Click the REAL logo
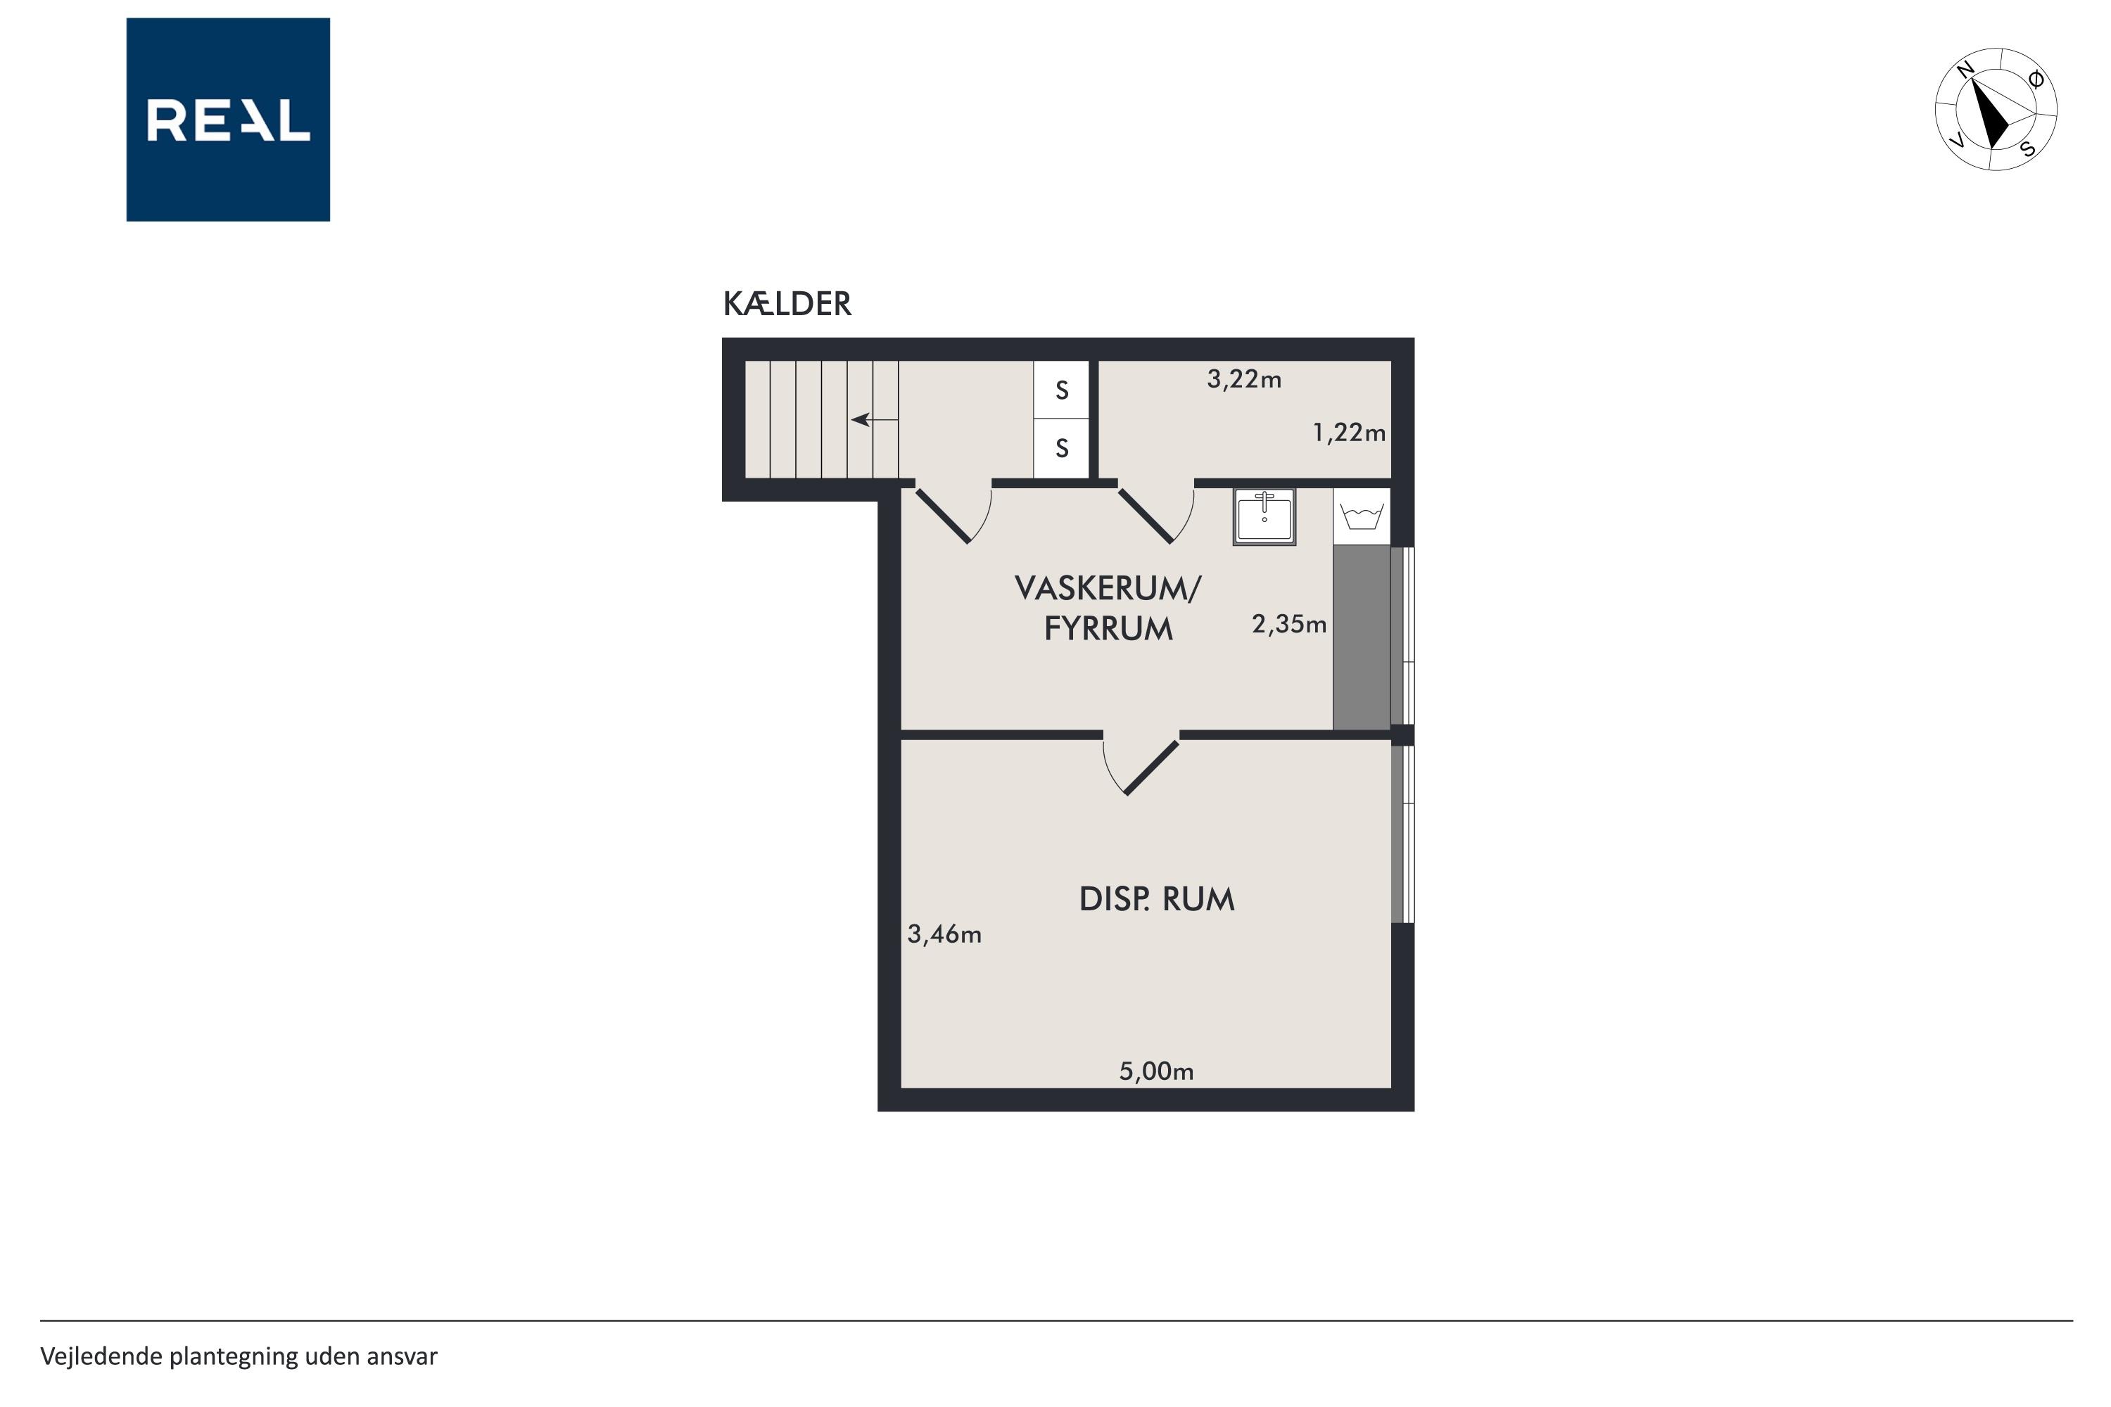[x=228, y=120]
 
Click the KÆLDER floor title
[x=787, y=304]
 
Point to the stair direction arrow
[x=874, y=419]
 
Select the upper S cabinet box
[x=1062, y=390]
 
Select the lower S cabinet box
[x=1062, y=447]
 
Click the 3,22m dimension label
[x=1244, y=380]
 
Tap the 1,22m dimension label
[x=1349, y=433]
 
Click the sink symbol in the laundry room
[x=1264, y=517]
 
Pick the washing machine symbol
[x=1362, y=517]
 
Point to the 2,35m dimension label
[x=1289, y=625]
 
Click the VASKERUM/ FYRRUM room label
[x=1108, y=609]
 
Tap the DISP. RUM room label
[x=1157, y=899]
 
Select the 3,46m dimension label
[x=944, y=935]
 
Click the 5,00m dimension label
[x=1156, y=1071]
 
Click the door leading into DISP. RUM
[x=1141, y=763]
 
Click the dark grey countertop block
[x=1362, y=638]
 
